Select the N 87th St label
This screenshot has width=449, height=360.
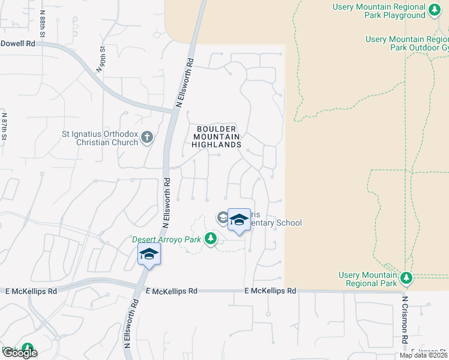click(4, 127)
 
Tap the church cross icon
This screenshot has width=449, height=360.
click(147, 139)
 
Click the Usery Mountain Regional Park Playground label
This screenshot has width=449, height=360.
click(379, 11)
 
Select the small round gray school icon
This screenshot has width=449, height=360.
click(222, 218)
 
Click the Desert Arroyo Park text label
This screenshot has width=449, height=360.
click(167, 240)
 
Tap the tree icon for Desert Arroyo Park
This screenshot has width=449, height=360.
click(210, 239)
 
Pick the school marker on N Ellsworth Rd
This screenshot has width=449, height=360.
click(149, 254)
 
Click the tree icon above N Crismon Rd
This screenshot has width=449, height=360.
click(406, 278)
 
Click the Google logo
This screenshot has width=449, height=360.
click(20, 353)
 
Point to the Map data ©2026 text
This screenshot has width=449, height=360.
click(424, 355)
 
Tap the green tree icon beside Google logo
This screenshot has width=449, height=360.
click(27, 349)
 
